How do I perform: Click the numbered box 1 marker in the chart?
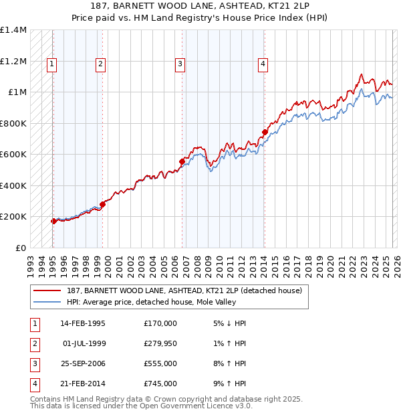51,64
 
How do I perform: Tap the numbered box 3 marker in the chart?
180,64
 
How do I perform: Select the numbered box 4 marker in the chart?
263,64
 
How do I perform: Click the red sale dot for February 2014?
265,133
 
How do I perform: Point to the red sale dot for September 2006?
182,161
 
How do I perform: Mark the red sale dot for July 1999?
102,204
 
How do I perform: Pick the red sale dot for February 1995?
53,221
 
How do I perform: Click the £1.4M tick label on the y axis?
13,30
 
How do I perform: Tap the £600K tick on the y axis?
13,155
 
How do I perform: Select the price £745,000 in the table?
160,384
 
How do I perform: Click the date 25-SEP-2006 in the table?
83,363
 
